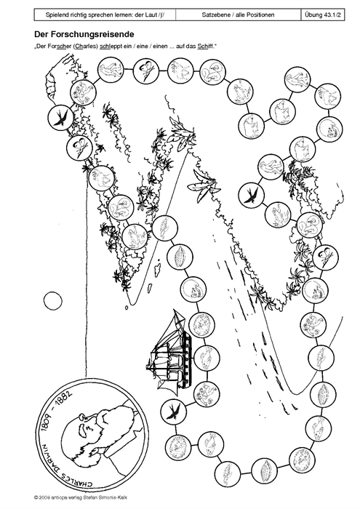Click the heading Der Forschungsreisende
click(84, 34)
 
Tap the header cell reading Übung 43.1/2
click(323, 15)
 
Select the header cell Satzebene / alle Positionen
click(238, 15)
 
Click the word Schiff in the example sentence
click(203, 47)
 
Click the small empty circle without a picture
click(52, 301)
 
